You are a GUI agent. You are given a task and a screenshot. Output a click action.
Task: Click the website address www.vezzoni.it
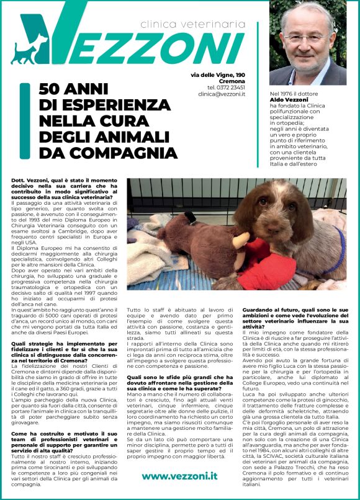[x=179, y=476]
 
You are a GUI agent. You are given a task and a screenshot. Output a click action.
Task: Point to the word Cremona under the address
[x=233, y=81]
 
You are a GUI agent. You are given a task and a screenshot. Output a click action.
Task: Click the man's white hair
[x=308, y=13]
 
